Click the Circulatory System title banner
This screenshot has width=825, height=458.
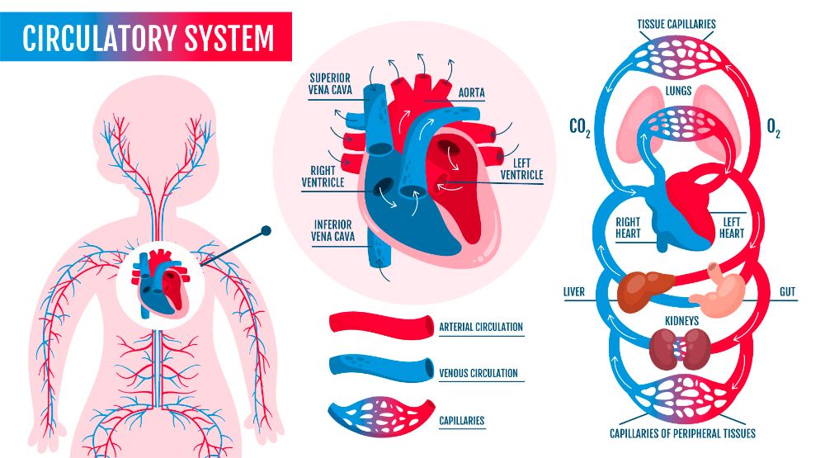click(x=148, y=38)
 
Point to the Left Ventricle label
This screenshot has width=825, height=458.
click(x=521, y=169)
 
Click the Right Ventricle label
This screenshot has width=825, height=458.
click(x=323, y=177)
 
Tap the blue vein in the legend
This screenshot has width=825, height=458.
click(x=380, y=366)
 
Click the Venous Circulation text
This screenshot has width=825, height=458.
click(x=478, y=373)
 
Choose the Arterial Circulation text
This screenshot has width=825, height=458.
click(x=481, y=327)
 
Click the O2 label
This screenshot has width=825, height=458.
click(x=773, y=128)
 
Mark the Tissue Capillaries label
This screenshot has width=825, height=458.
click(x=676, y=24)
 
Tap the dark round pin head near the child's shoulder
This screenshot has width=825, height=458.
click(x=266, y=232)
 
